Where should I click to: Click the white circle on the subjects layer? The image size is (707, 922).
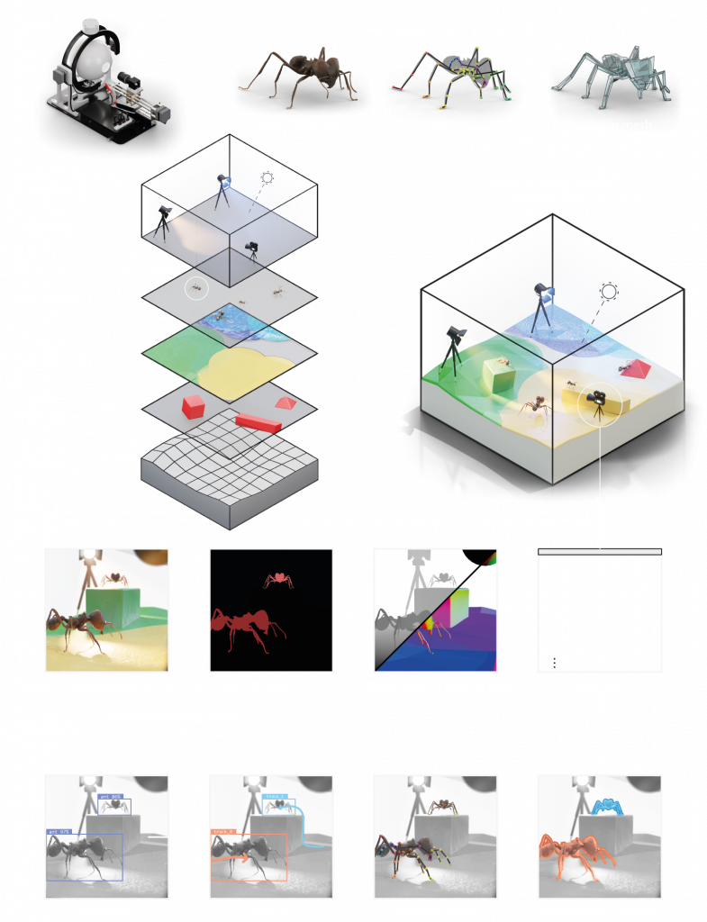[x=195, y=289]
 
